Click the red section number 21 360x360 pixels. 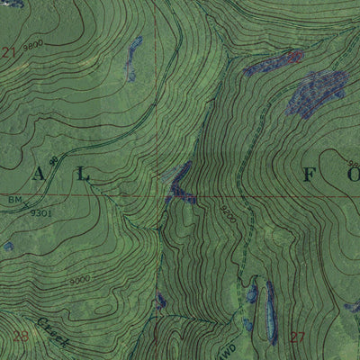(9, 53)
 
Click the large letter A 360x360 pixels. (39, 175)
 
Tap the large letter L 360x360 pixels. (83, 175)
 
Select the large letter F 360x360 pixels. (308, 175)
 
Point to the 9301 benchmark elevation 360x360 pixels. (40, 212)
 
